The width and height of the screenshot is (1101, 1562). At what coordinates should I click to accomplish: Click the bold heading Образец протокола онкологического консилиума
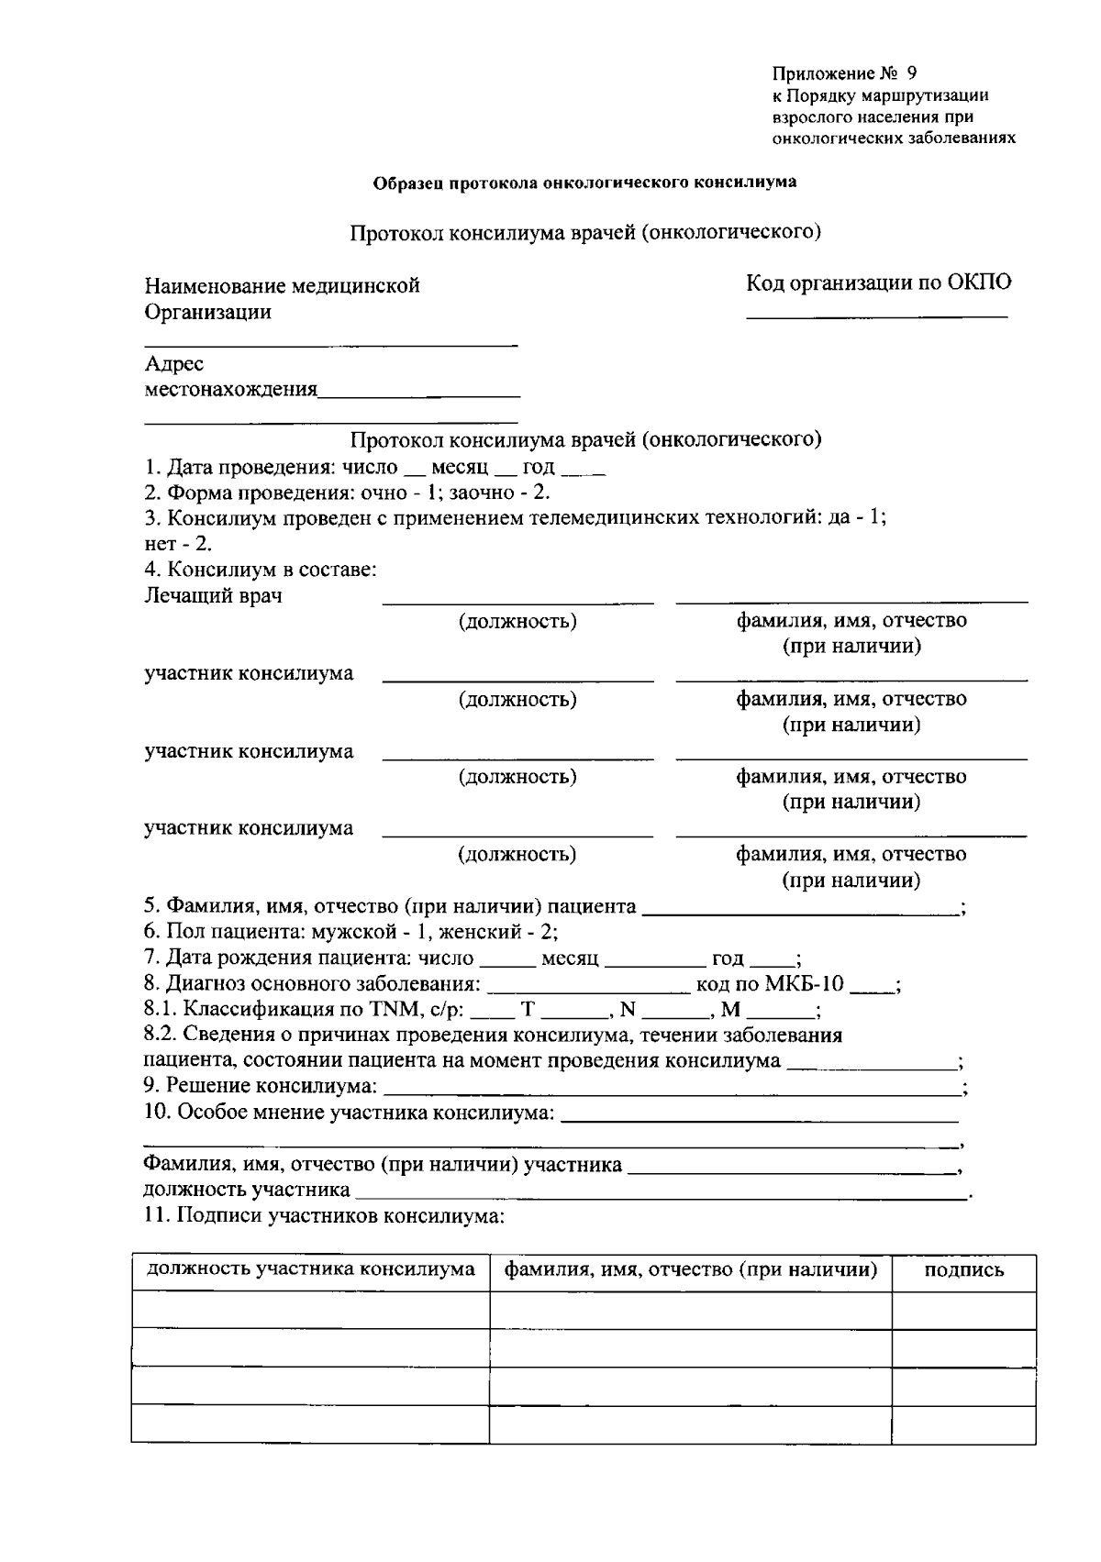click(x=584, y=182)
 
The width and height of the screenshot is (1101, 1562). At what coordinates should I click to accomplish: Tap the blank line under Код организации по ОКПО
click(x=876, y=316)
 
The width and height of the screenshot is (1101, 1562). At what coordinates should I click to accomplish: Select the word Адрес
click(x=174, y=364)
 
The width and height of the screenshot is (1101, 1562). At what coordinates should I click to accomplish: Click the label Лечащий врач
click(x=213, y=596)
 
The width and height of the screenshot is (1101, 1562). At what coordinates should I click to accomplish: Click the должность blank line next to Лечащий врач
click(x=517, y=602)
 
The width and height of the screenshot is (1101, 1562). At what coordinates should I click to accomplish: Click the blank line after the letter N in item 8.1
click(x=672, y=1016)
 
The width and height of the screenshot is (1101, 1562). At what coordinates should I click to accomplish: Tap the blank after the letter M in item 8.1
click(x=779, y=1016)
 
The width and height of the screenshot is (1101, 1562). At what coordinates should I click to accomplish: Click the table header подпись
click(x=963, y=1270)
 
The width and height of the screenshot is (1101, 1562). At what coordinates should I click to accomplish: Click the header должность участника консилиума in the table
click(x=311, y=1269)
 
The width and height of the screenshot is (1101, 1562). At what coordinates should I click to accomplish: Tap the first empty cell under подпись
click(x=963, y=1310)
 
